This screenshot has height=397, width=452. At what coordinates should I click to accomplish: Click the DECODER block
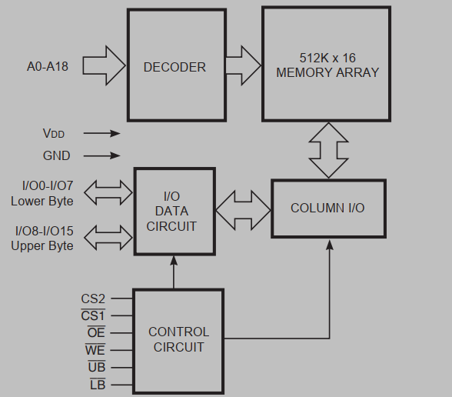(174, 67)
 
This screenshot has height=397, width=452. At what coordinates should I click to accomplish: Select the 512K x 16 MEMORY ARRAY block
(328, 65)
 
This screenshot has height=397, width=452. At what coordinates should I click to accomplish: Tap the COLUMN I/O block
(327, 209)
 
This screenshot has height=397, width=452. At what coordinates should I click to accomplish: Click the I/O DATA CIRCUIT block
(175, 211)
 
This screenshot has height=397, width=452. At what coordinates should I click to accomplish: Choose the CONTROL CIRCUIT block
(178, 339)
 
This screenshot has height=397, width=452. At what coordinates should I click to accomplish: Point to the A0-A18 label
(48, 67)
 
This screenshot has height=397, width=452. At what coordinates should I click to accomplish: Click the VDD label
(54, 133)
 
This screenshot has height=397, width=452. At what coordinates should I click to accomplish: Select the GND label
(56, 155)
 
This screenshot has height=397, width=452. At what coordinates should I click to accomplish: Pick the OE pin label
(95, 332)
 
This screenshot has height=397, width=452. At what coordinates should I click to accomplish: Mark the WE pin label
(95, 350)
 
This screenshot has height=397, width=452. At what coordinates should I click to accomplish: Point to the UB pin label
(95, 367)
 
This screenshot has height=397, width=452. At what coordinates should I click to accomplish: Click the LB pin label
(97, 384)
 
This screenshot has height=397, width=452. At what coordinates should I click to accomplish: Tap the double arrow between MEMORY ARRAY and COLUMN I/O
(328, 150)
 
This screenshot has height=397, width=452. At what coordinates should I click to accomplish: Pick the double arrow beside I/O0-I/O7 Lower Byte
(107, 193)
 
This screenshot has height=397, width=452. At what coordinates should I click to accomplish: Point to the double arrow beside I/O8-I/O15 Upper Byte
(107, 236)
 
